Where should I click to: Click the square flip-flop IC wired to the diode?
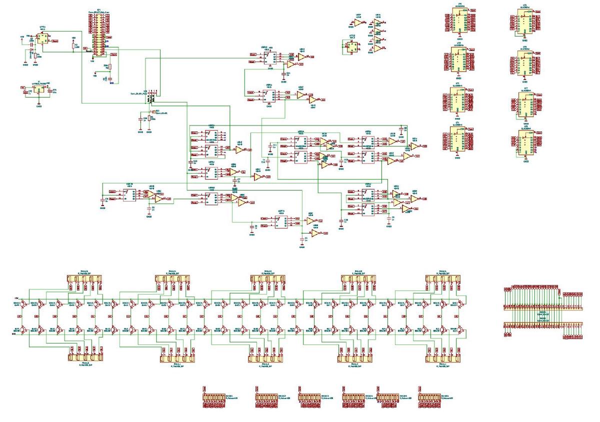[42, 40]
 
